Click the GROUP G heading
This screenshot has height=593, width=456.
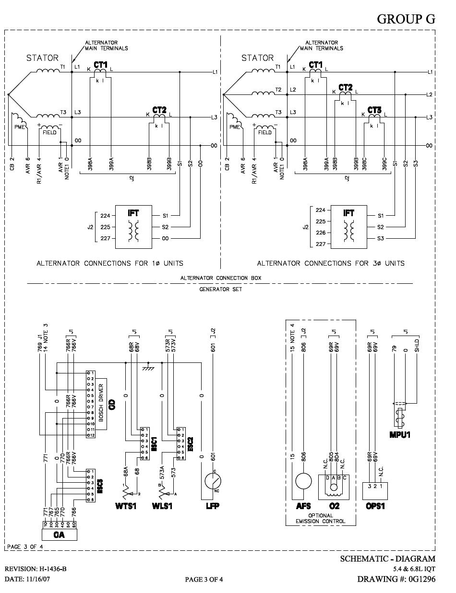point(406,19)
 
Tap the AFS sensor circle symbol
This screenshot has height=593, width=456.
point(303,481)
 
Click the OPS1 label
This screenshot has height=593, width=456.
point(375,506)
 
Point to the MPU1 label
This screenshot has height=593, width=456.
point(400,435)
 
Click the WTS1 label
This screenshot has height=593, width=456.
point(126,506)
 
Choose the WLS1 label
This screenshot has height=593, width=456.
point(163,506)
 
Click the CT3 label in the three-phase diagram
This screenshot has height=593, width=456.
point(374,110)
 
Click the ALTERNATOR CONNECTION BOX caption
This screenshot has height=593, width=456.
point(221,278)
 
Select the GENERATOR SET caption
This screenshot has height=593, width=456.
point(221,289)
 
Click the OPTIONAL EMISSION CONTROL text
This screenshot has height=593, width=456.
point(321,518)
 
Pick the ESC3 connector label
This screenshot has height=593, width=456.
point(100,485)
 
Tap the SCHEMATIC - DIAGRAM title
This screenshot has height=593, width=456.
point(387,558)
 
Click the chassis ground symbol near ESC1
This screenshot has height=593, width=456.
point(149,367)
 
